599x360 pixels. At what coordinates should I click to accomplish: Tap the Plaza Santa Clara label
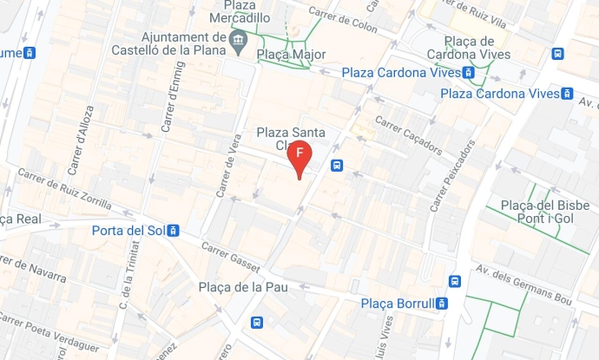click(291, 139)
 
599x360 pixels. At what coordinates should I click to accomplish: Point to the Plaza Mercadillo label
click(246, 11)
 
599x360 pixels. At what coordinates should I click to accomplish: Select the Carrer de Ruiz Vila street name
click(476, 11)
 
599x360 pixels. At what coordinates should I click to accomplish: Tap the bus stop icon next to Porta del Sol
click(174, 231)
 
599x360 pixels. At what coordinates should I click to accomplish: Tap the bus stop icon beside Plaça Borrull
click(442, 304)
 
